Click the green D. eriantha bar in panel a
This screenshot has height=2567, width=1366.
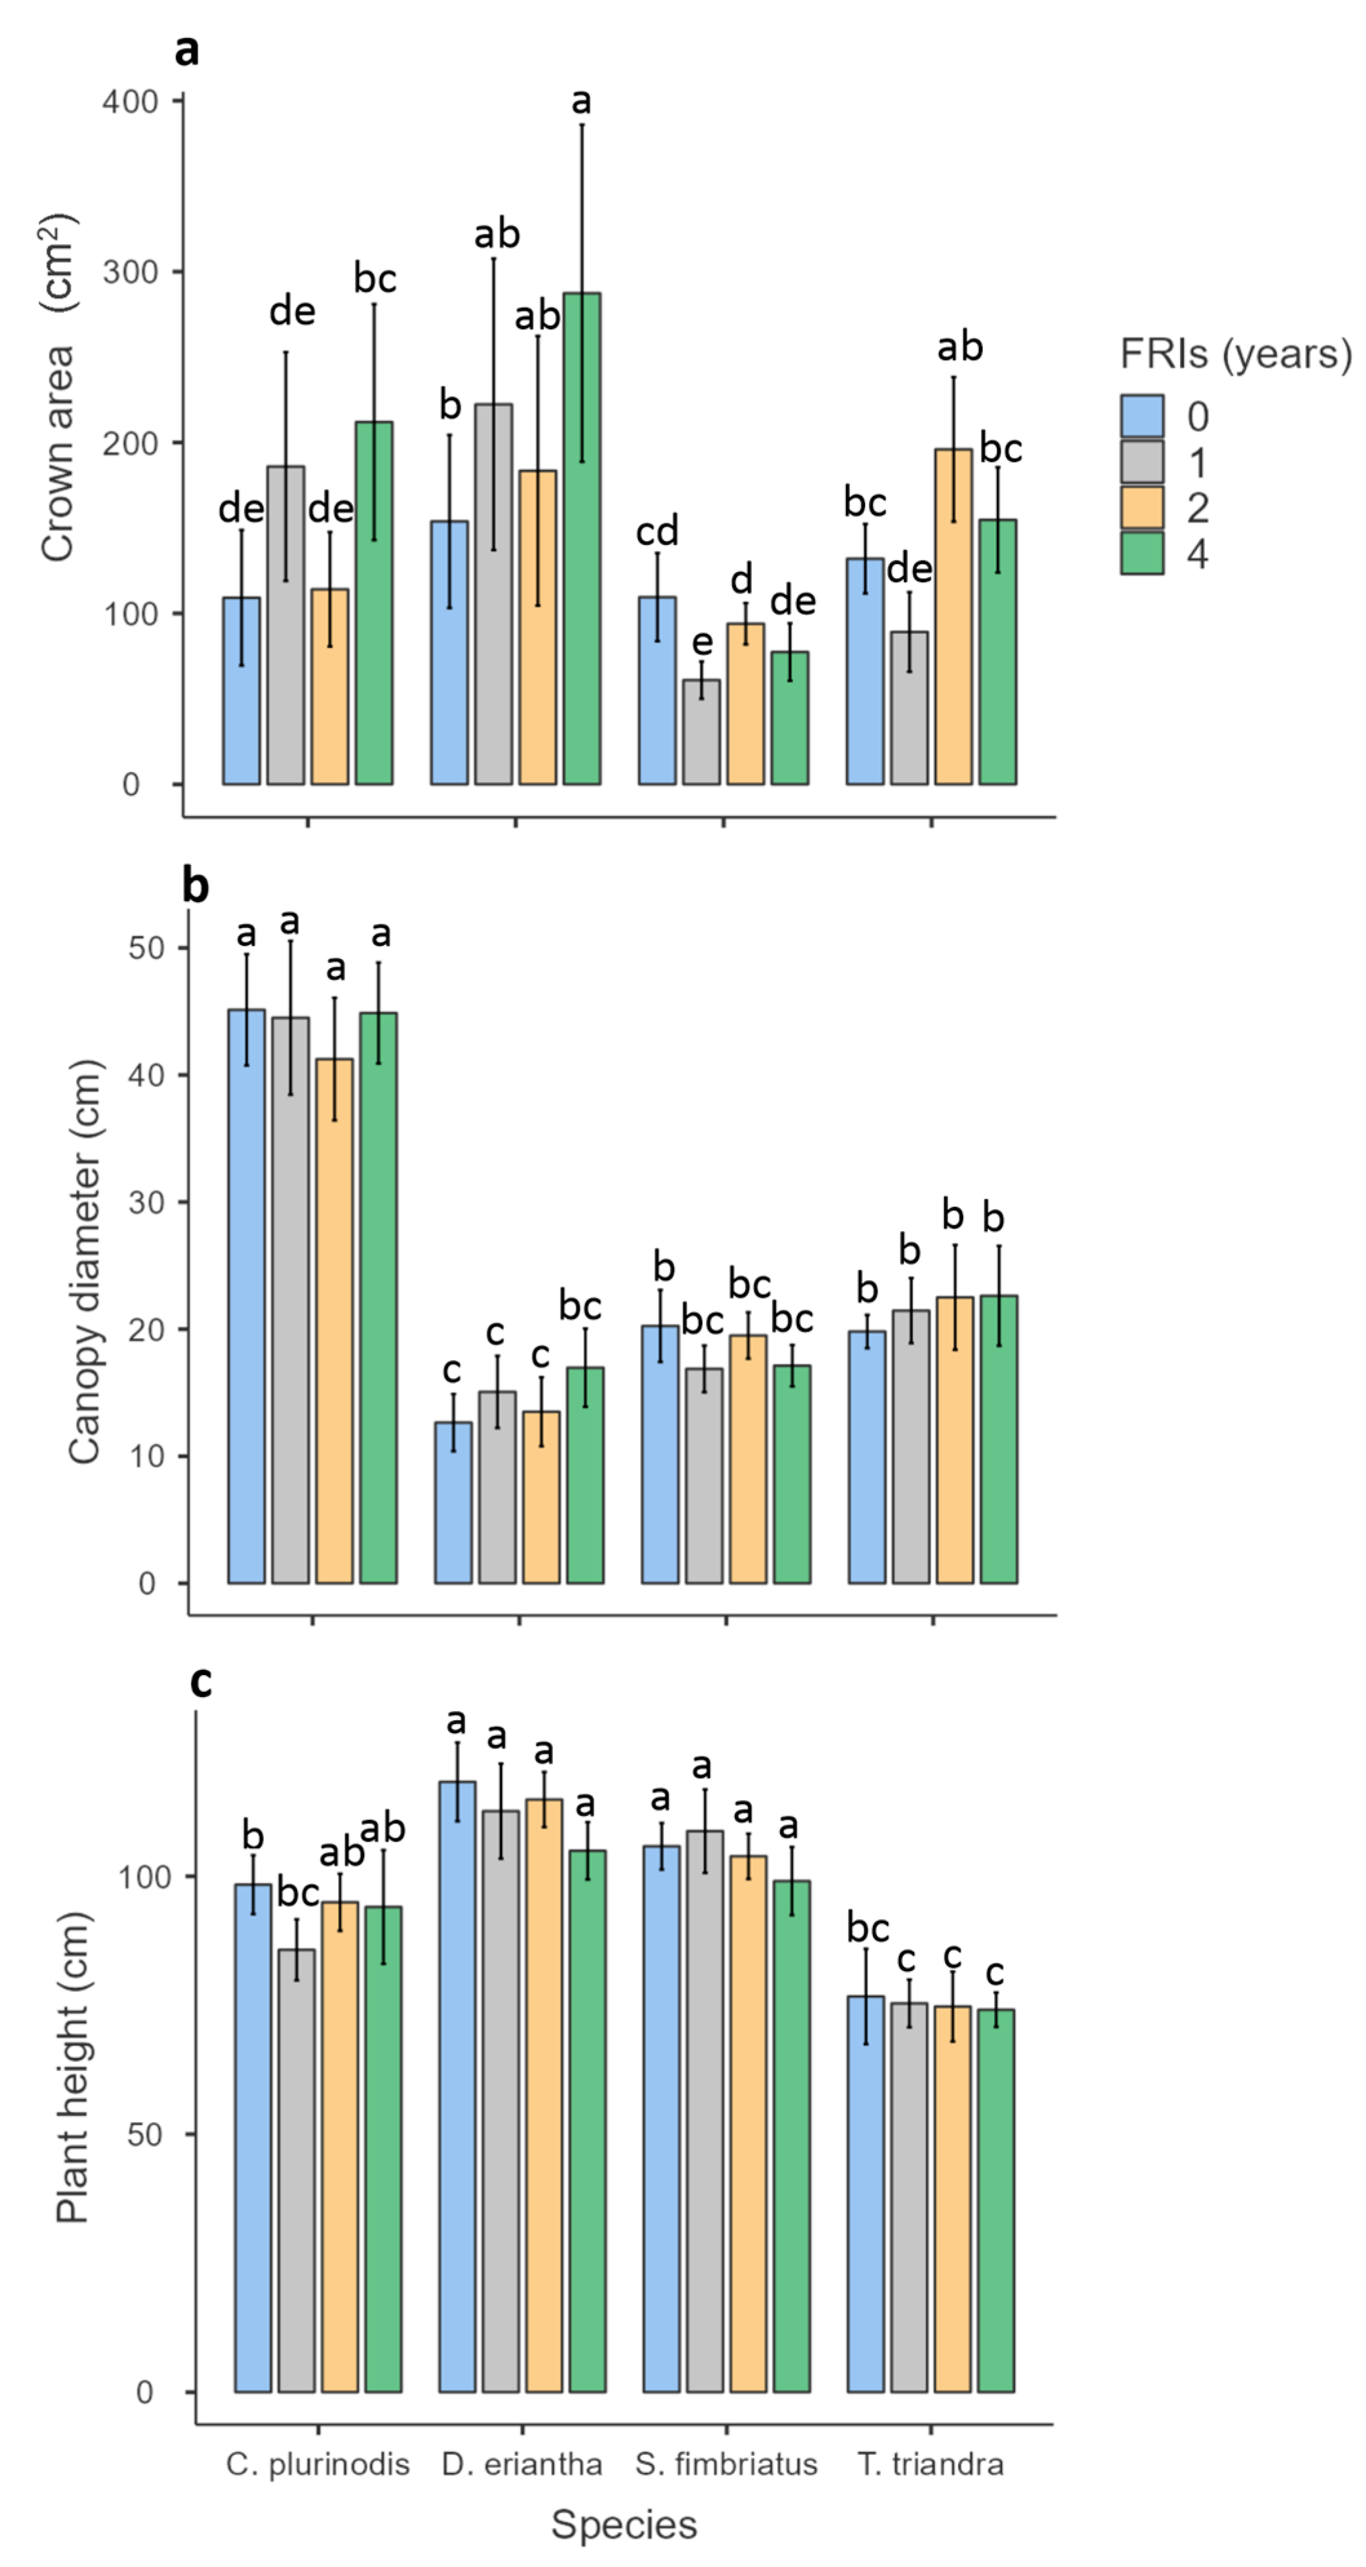pos(582,538)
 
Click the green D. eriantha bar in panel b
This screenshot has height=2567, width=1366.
pos(585,1475)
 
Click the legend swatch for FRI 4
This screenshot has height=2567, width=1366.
pos(1142,553)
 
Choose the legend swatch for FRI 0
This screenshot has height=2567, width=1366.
pos(1142,416)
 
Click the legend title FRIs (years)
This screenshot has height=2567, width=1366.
pos(1236,354)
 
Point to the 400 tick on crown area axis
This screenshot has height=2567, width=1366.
pos(130,101)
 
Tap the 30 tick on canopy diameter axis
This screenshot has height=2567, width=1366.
pos(146,1202)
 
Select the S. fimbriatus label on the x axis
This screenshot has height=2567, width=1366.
pos(727,2464)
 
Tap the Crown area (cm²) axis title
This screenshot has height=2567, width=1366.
pos(58,389)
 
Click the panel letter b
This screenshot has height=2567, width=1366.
pos(196,885)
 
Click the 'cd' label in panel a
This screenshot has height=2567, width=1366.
pos(657,531)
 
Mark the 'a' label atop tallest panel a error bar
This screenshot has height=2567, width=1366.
pos(581,101)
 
